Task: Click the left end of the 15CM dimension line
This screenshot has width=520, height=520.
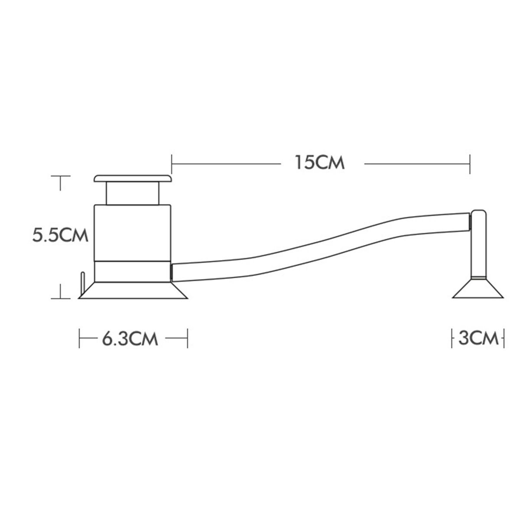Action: (x=172, y=164)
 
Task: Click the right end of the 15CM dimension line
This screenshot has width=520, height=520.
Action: (x=470, y=164)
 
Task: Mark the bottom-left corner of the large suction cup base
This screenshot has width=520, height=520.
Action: (x=78, y=299)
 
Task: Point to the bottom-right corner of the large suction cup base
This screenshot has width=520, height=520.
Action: (x=188, y=299)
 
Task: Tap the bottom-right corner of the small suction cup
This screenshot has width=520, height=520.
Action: (x=504, y=298)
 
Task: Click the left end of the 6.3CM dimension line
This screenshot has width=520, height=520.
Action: (x=79, y=338)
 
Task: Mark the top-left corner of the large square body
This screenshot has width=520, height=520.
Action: (x=94, y=205)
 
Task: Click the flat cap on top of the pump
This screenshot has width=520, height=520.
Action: (x=133, y=179)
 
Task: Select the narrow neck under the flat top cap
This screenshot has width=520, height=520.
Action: (x=133, y=193)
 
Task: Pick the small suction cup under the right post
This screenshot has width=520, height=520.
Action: (x=478, y=288)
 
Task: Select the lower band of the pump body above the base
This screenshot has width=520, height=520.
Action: (x=133, y=272)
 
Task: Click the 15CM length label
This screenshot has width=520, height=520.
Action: (x=320, y=162)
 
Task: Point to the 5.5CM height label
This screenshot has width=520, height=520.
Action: (x=60, y=235)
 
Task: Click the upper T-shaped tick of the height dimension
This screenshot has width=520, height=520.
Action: (x=60, y=183)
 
